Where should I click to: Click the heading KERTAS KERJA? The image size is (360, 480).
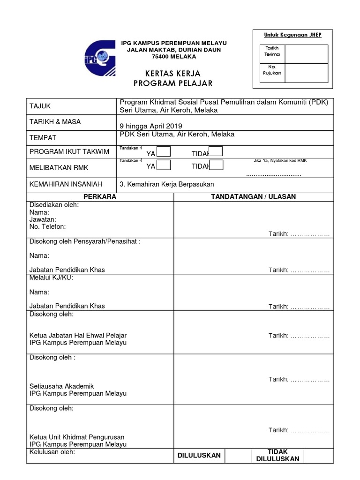click(173, 74)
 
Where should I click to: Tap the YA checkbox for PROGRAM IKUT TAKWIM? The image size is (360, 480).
click(164, 151)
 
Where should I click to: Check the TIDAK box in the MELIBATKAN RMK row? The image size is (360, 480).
click(216, 165)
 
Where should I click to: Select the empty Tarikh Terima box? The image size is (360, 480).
click(306, 54)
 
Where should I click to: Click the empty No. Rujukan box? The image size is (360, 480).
click(306, 73)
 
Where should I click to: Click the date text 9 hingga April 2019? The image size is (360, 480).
click(151, 126)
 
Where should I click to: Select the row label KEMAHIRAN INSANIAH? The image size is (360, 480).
click(66, 184)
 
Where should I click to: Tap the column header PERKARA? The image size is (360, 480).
click(100, 196)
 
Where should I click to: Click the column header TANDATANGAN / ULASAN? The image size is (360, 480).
click(254, 196)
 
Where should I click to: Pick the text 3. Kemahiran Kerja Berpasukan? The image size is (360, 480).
click(167, 184)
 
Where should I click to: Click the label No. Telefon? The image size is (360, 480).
click(47, 226)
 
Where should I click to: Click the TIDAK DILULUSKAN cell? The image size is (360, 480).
click(277, 455)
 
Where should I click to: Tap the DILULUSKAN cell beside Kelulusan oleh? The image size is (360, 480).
click(199, 455)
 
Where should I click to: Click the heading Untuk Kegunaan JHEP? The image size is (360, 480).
click(292, 35)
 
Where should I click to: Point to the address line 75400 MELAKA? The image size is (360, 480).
click(174, 57)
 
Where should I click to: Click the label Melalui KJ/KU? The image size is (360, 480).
click(51, 277)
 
